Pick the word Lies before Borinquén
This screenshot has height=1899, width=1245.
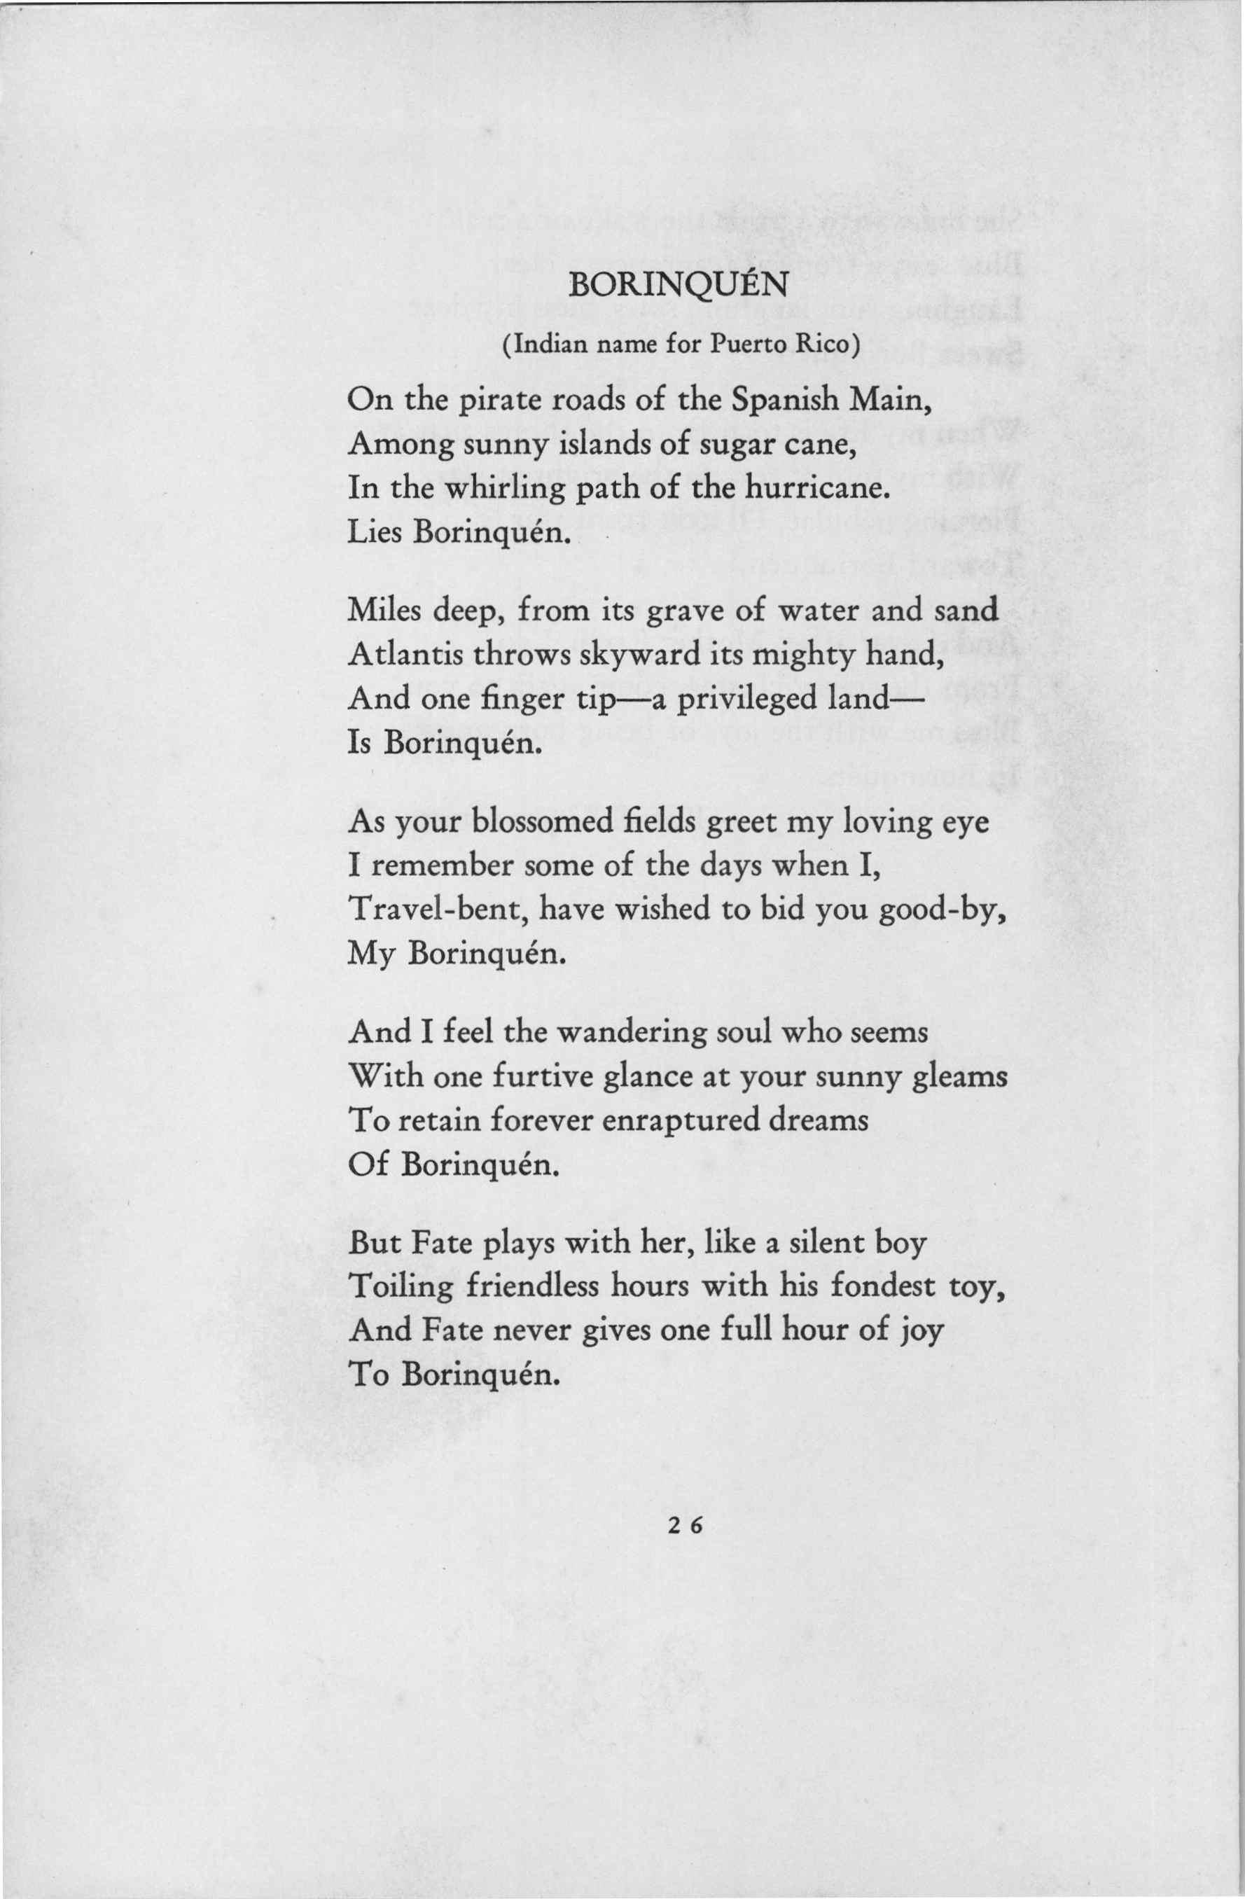click(x=375, y=532)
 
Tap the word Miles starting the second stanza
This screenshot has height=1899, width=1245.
click(x=384, y=611)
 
